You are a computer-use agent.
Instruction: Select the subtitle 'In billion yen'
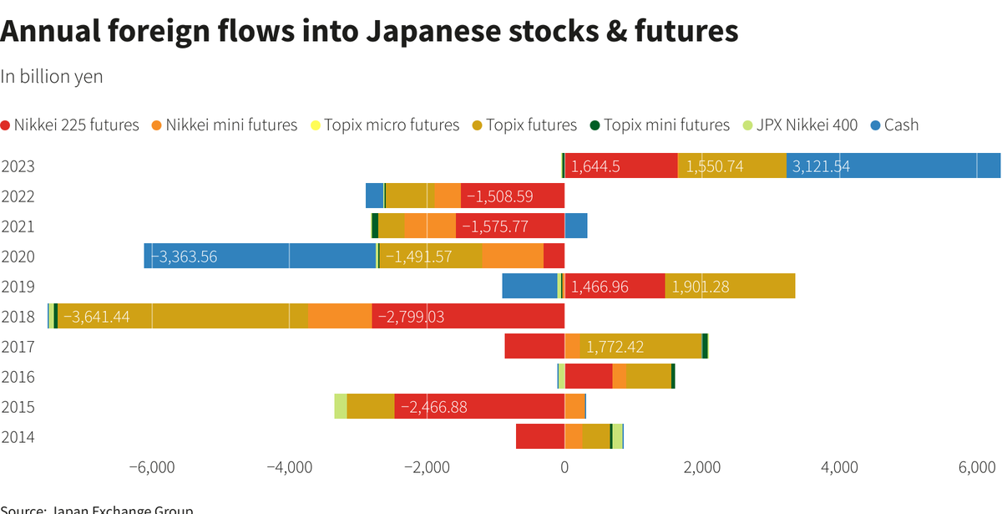click(52, 76)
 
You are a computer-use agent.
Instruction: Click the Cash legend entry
click(893, 125)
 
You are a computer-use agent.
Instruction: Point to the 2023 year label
click(18, 166)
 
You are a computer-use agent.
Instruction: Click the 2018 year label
click(18, 317)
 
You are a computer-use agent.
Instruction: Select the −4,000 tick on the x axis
click(289, 467)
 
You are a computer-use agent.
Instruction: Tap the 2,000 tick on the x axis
click(702, 467)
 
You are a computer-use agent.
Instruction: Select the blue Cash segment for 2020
click(260, 257)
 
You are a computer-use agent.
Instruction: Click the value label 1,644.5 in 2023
click(595, 166)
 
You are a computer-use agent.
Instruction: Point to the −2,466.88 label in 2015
click(434, 407)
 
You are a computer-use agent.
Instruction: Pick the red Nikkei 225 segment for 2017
click(534, 347)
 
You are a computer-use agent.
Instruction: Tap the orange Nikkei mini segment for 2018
click(340, 317)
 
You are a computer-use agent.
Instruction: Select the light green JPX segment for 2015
click(340, 407)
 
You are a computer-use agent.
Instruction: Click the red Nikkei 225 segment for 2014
click(540, 437)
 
